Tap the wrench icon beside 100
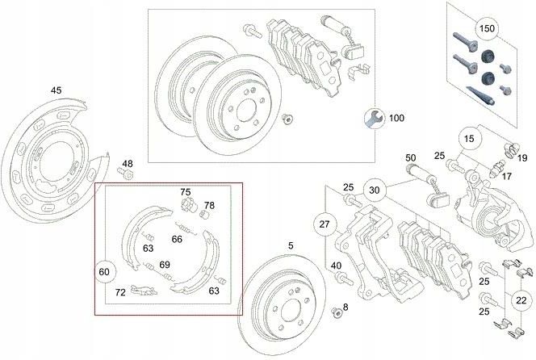pos(373,118)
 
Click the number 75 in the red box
pos(185,192)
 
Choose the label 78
pos(208,205)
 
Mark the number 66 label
pos(177,239)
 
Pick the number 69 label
pos(164,265)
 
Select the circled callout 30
pos(373,190)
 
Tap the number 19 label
pos(521,157)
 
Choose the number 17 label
pos(507,175)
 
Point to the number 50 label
pos(410,157)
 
